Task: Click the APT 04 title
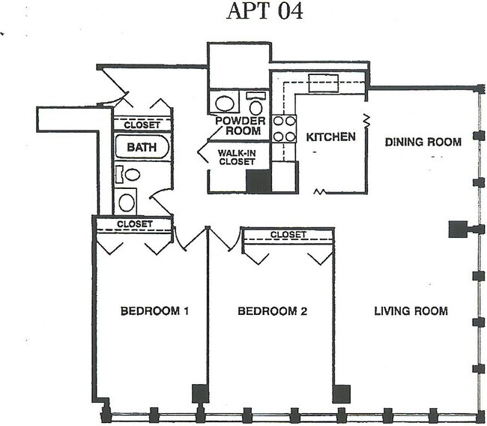tap(264, 13)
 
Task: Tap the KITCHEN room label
tap(330, 138)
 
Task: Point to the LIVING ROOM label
tap(411, 310)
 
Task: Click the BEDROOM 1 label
tap(154, 310)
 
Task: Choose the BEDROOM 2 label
tap(272, 310)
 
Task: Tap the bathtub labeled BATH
tap(142, 147)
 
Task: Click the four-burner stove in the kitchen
tap(283, 128)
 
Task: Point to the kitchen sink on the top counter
tap(324, 82)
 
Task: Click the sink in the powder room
tap(224, 102)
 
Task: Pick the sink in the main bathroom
tap(127, 201)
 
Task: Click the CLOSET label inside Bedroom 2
tap(288, 235)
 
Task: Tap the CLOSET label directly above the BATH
tap(142, 124)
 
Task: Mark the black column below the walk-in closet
tap(258, 181)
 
